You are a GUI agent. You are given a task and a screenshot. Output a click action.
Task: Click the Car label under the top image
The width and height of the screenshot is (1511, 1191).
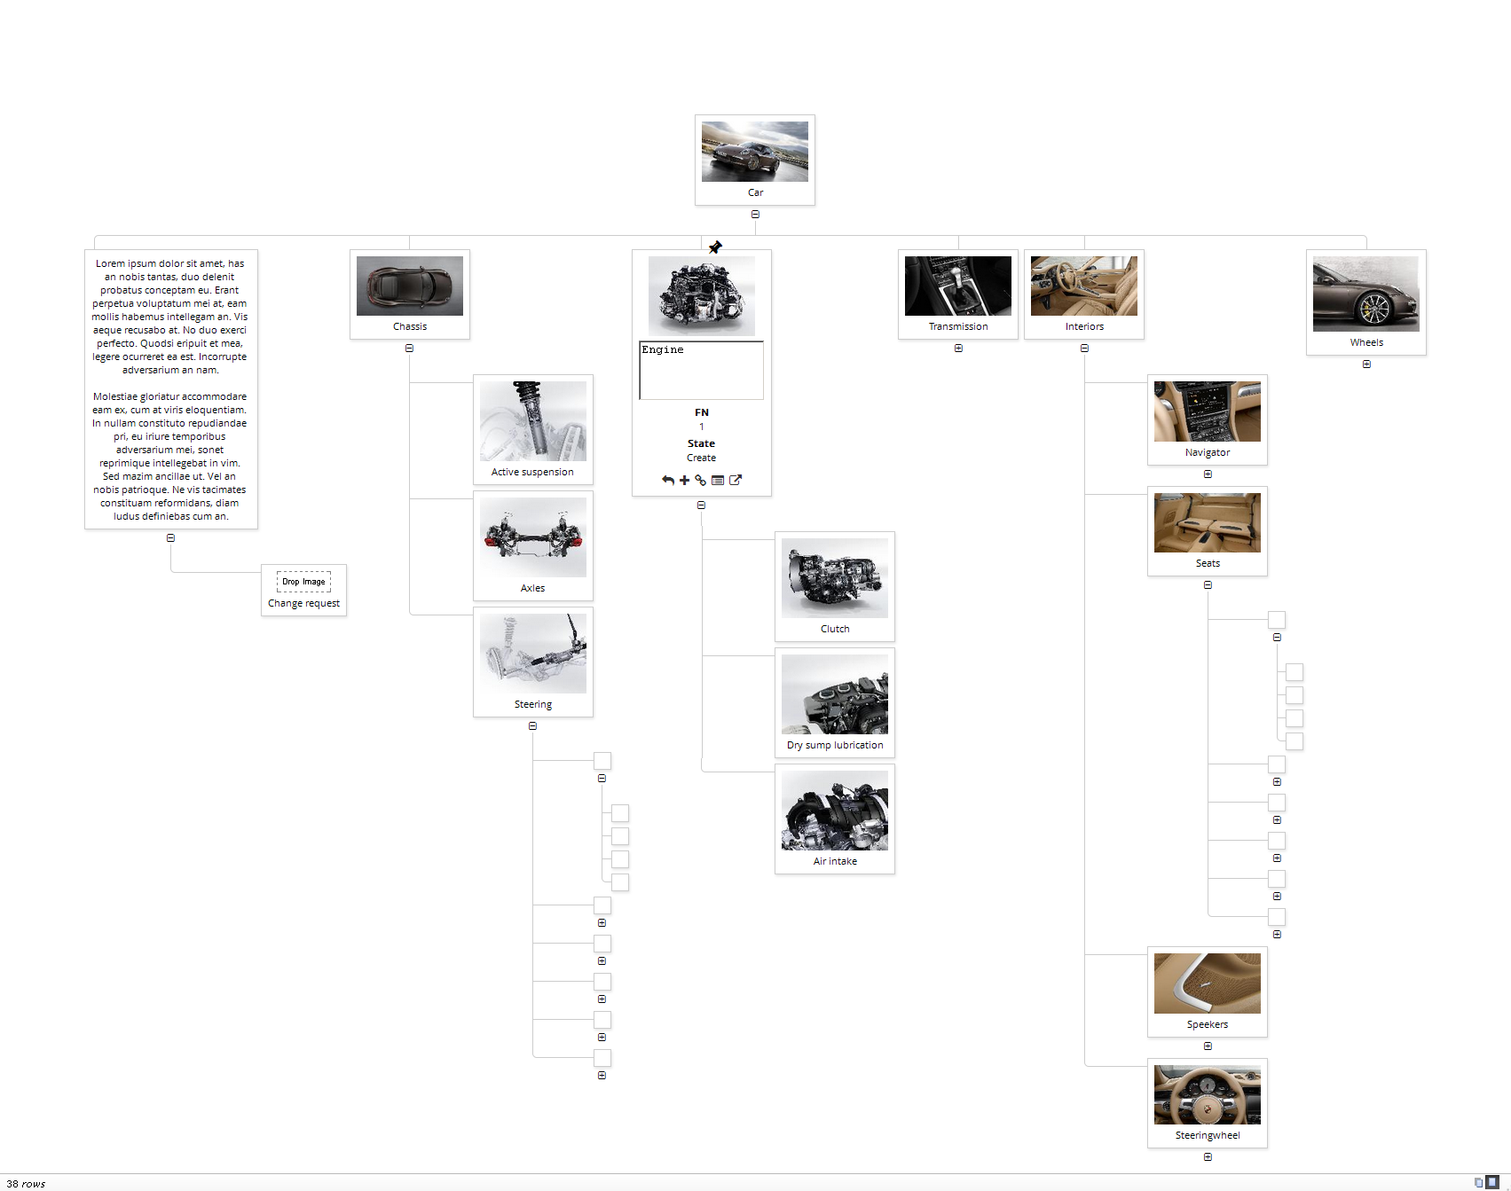point(755,192)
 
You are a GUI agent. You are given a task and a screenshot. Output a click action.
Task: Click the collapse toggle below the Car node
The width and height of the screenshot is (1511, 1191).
point(755,215)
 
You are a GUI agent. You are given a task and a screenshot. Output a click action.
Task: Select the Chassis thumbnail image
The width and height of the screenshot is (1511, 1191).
point(410,286)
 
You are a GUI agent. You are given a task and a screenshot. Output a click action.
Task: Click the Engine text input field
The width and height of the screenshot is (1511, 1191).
point(701,370)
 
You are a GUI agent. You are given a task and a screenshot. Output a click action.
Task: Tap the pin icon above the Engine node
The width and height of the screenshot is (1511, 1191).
point(715,247)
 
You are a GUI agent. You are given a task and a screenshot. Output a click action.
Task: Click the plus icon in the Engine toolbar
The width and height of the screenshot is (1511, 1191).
point(684,481)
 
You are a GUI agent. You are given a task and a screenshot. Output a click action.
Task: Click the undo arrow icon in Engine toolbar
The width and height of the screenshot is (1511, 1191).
point(668,481)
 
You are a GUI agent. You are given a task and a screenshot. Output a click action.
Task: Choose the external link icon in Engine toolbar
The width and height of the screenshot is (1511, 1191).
point(736,481)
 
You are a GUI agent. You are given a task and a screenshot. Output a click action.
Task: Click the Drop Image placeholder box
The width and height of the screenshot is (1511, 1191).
point(303,582)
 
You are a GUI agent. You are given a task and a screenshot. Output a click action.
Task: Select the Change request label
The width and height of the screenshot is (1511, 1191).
point(303,603)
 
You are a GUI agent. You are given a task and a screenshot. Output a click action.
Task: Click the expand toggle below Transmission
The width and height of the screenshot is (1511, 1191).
point(958,349)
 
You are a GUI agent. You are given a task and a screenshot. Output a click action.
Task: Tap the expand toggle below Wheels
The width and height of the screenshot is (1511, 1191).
point(1366,364)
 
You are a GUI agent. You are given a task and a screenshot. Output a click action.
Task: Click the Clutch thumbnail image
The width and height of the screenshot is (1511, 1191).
point(835,578)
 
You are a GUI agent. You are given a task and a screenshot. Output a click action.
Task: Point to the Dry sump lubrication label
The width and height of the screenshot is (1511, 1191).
point(835,745)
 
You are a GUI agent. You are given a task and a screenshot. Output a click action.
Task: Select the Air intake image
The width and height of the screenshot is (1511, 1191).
point(835,811)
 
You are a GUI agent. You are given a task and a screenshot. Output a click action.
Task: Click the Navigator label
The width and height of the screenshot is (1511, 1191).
point(1208,452)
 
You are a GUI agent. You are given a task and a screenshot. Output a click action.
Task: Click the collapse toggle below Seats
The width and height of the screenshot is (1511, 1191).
point(1208,585)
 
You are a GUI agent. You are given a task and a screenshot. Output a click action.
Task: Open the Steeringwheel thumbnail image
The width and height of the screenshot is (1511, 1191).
point(1208,1094)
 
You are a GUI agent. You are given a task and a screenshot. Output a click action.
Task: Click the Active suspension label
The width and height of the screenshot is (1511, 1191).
point(532,472)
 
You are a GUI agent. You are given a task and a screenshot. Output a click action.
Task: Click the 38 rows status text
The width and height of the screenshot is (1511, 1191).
point(26,1184)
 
